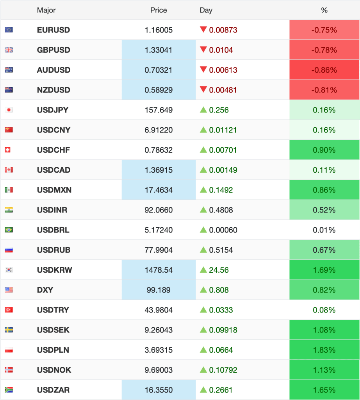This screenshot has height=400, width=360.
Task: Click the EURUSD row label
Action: click(x=53, y=30)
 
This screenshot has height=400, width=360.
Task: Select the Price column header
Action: click(x=159, y=10)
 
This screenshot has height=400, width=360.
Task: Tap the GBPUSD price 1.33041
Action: click(x=159, y=50)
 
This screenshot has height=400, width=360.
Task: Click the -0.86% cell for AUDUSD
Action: click(x=324, y=70)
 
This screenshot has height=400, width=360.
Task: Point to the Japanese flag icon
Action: click(x=9, y=110)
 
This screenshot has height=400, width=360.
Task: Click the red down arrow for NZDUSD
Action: click(x=203, y=90)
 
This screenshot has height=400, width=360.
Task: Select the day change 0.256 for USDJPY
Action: click(x=219, y=110)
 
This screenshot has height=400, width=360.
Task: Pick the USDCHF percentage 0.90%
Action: click(x=324, y=150)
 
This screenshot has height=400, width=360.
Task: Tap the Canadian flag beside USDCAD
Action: click(x=9, y=170)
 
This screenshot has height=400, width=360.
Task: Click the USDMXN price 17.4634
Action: click(x=159, y=190)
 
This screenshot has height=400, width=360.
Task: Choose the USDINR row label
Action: click(x=52, y=210)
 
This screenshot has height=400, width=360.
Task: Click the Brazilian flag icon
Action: click(x=9, y=230)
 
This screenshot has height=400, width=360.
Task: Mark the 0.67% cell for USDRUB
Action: click(x=324, y=250)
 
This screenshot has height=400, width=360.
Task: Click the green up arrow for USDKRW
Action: click(x=203, y=270)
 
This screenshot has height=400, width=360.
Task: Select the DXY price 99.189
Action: click(x=159, y=290)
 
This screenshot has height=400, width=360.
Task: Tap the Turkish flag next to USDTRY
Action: click(x=9, y=310)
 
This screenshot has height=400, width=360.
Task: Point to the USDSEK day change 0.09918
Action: click(x=223, y=330)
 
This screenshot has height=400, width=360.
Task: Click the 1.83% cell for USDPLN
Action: click(x=324, y=350)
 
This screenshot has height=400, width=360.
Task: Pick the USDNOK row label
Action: click(x=54, y=370)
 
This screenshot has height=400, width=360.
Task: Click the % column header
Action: click(x=324, y=10)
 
